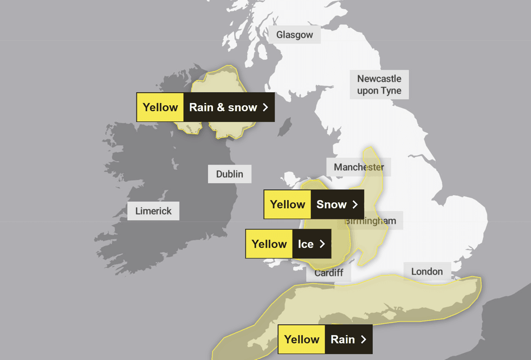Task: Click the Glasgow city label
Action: click(295, 35)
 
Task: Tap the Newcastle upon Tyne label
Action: click(379, 85)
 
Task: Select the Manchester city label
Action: click(359, 167)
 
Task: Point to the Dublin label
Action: click(230, 174)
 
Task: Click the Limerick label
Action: click(153, 211)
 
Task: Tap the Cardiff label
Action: click(329, 273)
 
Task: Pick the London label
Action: click(427, 271)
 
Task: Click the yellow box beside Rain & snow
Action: click(160, 107)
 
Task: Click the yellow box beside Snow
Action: click(288, 204)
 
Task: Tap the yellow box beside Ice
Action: click(269, 244)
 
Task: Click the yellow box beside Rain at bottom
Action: click(302, 339)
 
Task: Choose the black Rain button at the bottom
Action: click(348, 339)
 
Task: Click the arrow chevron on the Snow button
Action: click(355, 204)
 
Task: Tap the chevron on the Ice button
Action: click(322, 244)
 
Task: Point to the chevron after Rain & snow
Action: click(265, 107)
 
